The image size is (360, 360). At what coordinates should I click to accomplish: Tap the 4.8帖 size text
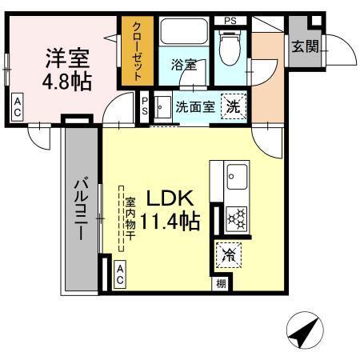click(66, 81)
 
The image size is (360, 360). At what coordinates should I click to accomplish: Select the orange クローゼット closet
click(136, 52)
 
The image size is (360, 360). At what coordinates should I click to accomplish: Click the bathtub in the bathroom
click(183, 34)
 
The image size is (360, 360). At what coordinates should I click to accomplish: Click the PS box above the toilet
click(230, 20)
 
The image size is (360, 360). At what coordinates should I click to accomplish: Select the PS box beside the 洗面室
click(145, 106)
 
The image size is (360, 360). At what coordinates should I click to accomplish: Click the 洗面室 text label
click(194, 106)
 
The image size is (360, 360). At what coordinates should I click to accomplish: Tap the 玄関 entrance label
click(304, 47)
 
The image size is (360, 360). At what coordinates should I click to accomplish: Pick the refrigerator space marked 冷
click(228, 257)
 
